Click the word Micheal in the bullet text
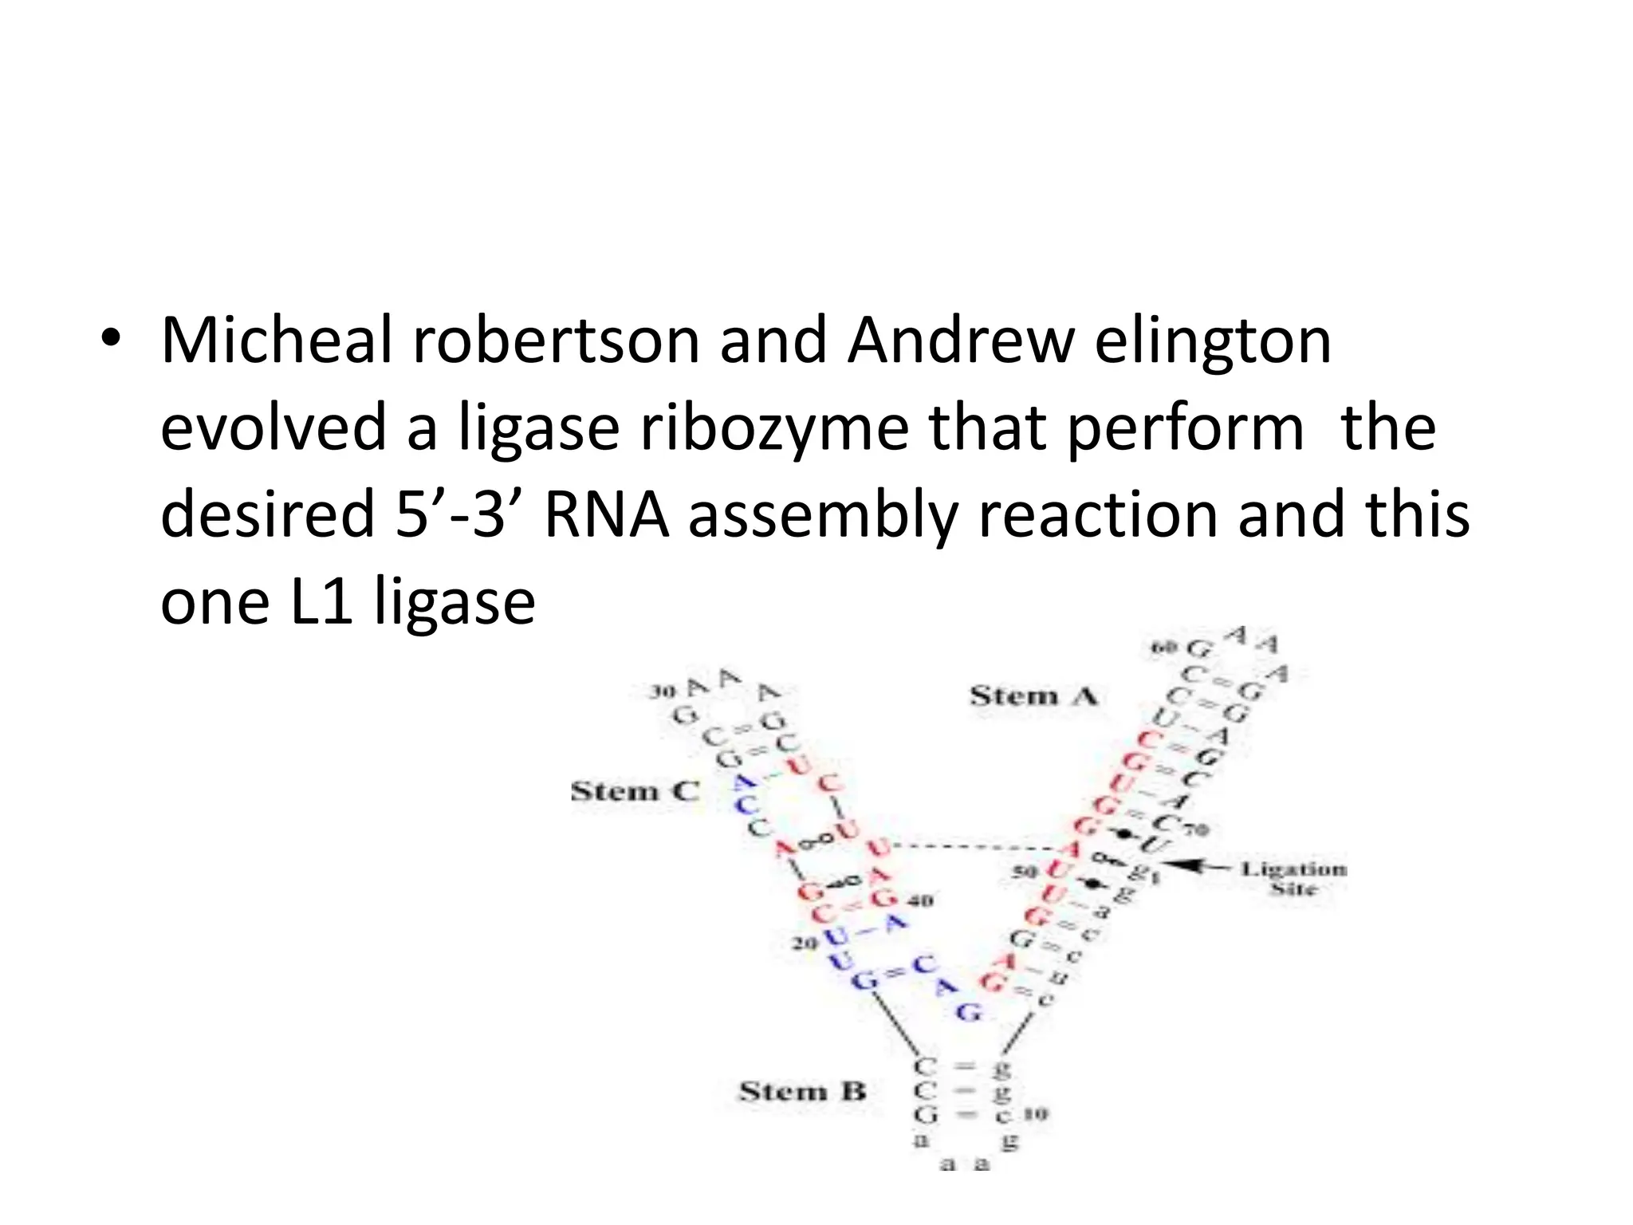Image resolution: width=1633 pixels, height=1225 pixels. [277, 341]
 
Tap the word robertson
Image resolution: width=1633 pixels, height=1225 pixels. [556, 341]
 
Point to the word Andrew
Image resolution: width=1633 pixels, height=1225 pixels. [961, 341]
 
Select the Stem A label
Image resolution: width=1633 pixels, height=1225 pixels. [1033, 696]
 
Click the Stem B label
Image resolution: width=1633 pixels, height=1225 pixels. [802, 1091]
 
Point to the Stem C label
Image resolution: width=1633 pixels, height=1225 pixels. [635, 791]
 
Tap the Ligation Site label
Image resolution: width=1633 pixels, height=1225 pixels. [1293, 877]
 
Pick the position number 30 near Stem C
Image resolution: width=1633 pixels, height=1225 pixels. [662, 691]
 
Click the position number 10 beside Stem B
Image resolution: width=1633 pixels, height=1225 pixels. [1036, 1113]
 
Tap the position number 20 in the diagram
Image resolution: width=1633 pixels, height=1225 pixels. [805, 943]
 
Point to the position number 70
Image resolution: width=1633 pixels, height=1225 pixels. [1196, 829]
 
